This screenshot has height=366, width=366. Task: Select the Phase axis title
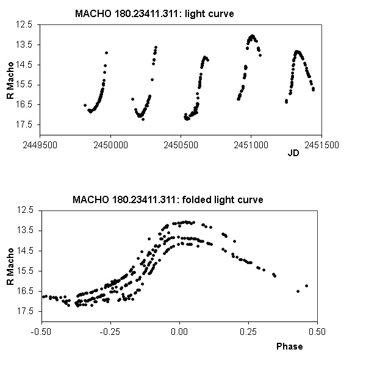(289, 346)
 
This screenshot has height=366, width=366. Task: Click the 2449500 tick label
(40, 146)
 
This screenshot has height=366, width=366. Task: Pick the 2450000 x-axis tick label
(110, 146)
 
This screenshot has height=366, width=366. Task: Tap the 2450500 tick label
(181, 146)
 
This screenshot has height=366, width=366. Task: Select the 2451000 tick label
(251, 146)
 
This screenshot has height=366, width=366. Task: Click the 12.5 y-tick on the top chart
(26, 24)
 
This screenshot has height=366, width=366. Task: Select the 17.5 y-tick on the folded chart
(26, 311)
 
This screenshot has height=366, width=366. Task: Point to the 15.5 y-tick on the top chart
(26, 85)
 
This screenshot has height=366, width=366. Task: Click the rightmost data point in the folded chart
(306, 285)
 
